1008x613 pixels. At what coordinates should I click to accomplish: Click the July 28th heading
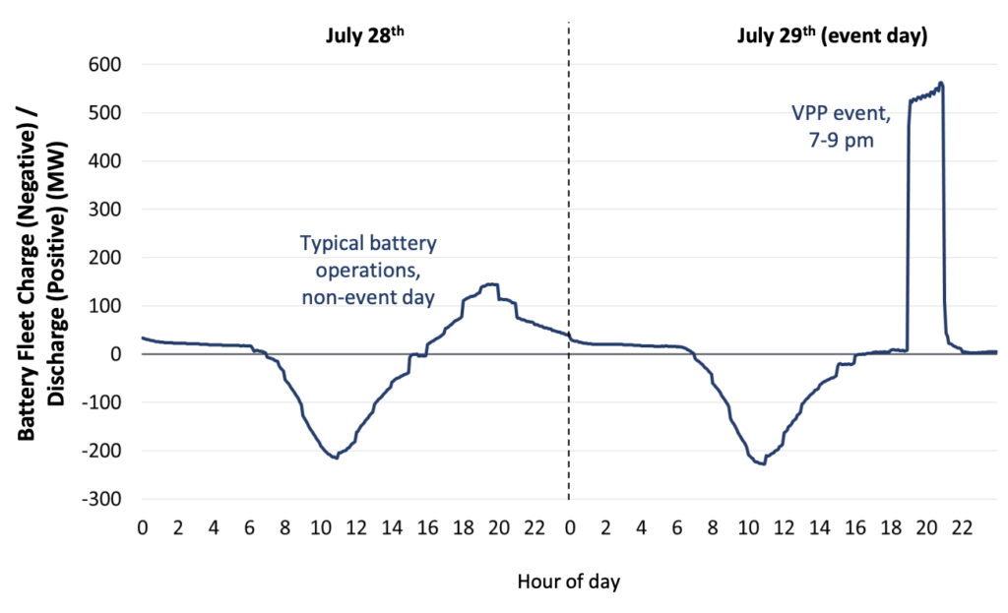tap(365, 37)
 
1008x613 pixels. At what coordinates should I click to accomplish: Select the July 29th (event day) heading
tap(831, 37)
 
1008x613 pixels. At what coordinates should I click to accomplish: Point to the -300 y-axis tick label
tap(99, 499)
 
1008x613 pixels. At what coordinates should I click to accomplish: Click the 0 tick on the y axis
tap(115, 354)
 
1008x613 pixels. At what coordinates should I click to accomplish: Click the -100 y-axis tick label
tap(99, 402)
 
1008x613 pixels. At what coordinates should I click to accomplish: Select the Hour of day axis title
tap(569, 582)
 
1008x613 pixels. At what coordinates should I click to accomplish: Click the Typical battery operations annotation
tap(367, 269)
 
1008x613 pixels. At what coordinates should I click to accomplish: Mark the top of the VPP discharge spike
tap(942, 84)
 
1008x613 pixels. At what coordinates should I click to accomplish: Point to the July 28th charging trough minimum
tap(336, 458)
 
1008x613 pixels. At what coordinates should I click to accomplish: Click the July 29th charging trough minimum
tap(763, 462)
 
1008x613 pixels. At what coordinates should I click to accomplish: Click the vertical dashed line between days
tap(569, 246)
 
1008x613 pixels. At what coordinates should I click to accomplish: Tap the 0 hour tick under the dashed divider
tap(570, 526)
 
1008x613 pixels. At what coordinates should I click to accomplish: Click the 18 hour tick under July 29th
tap(891, 526)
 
